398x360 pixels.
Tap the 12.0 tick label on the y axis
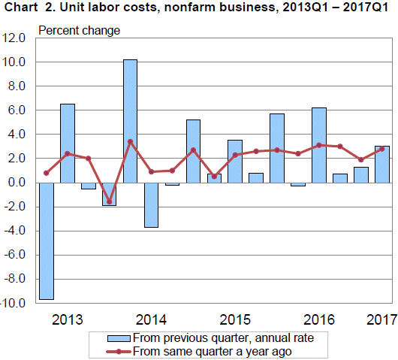pyautogui.click(x=15, y=38)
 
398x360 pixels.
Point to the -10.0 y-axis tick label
pyautogui.click(x=14, y=303)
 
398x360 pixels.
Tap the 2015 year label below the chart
pyautogui.click(x=234, y=317)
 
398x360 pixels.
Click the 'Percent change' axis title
pyautogui.click(x=79, y=31)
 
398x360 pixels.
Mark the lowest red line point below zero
pyautogui.click(x=109, y=201)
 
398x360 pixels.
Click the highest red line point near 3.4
pyautogui.click(x=130, y=141)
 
